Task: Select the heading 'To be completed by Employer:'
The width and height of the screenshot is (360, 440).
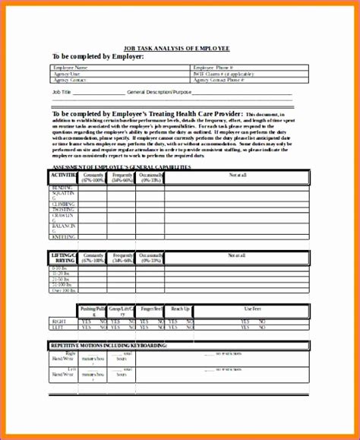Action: click(x=96, y=56)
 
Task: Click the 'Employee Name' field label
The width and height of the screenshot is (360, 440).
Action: click(x=71, y=68)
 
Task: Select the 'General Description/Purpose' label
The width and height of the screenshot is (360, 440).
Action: click(x=160, y=91)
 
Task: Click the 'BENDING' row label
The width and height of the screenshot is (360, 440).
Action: click(x=63, y=187)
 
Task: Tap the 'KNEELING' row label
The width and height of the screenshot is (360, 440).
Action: click(x=63, y=237)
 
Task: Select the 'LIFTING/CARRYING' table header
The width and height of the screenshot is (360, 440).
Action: click(x=63, y=257)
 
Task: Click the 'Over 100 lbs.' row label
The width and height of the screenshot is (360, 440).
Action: click(x=63, y=290)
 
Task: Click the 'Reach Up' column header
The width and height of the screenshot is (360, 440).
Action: click(x=181, y=309)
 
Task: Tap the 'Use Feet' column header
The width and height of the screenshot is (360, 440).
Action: click(x=252, y=309)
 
